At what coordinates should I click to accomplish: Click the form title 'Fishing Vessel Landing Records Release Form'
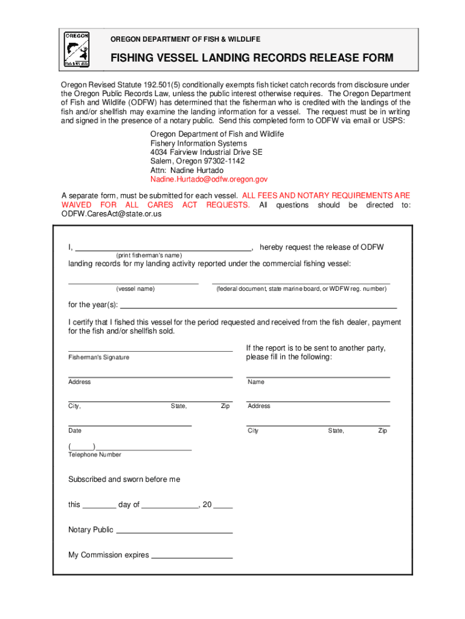click(251, 58)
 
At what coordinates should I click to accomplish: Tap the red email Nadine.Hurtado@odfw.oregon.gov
click(209, 180)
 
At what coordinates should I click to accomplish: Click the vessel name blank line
click(133, 282)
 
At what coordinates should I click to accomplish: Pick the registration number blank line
click(301, 282)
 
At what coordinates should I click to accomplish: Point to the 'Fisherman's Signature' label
click(98, 357)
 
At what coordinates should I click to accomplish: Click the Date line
click(129, 425)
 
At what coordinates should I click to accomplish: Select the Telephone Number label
click(94, 455)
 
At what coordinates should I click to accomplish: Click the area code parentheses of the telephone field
click(82, 446)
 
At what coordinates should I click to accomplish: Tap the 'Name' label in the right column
click(255, 382)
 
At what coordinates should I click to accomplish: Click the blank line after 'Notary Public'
click(174, 531)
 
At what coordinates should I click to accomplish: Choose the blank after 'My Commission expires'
click(192, 557)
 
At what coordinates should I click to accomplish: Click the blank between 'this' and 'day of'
click(99, 507)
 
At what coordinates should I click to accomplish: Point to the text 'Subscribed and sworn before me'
click(124, 479)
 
